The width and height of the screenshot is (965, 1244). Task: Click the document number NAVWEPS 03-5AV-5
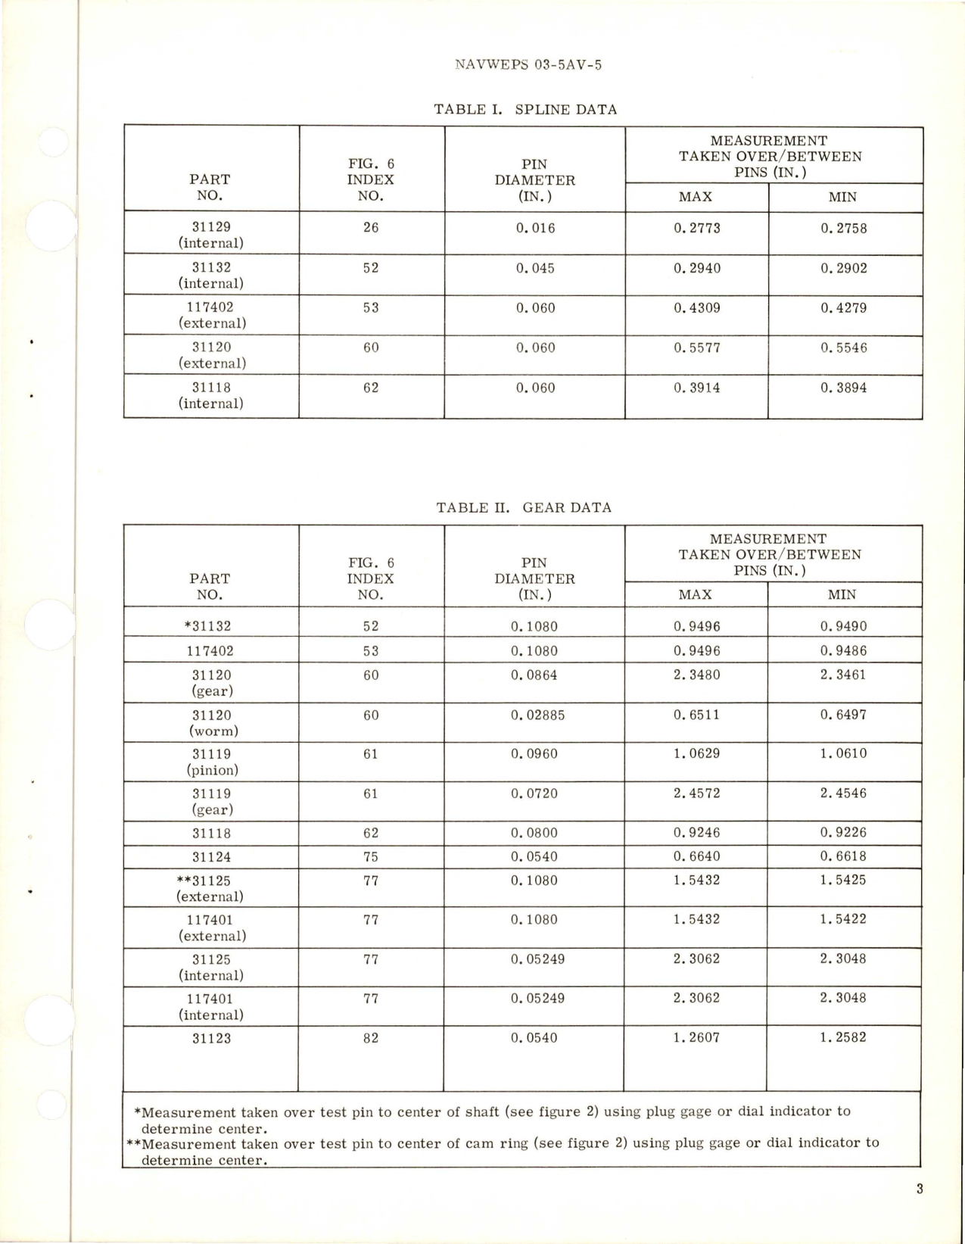coord(528,65)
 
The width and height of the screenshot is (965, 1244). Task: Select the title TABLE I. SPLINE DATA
coord(525,109)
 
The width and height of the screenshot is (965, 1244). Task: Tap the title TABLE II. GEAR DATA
coord(524,507)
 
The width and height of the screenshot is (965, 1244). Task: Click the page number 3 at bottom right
coord(919,1189)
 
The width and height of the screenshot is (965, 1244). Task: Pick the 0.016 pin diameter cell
coord(535,228)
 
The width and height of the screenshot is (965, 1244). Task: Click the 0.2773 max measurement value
coord(697,228)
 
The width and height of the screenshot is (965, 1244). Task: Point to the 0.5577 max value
coord(697,348)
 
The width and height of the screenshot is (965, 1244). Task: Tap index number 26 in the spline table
coord(371,227)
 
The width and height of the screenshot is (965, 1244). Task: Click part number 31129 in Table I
coord(211,226)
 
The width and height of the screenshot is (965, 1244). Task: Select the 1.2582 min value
coord(842,1037)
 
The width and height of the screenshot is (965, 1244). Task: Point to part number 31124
coord(211,857)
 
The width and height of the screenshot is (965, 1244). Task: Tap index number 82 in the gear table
coord(371,1038)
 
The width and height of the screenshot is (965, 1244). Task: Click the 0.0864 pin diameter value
coord(534,675)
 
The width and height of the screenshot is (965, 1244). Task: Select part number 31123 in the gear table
coord(211,1038)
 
